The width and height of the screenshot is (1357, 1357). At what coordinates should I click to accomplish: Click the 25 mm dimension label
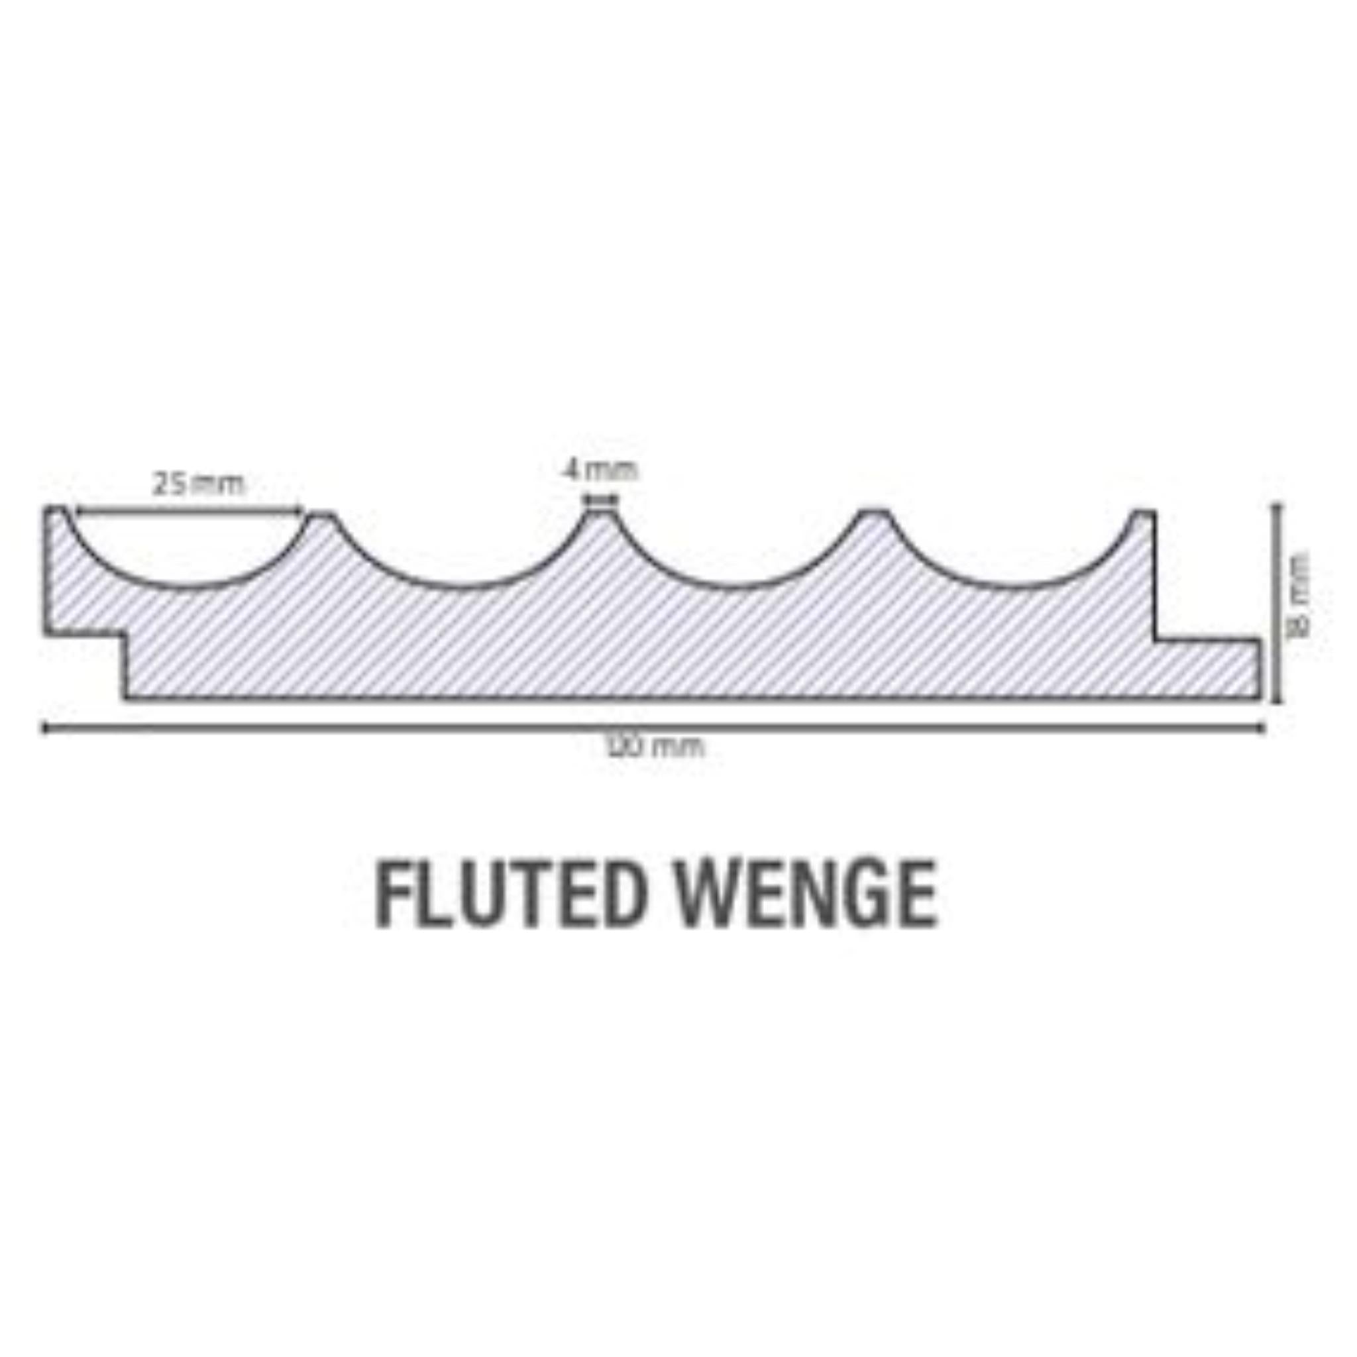point(199,484)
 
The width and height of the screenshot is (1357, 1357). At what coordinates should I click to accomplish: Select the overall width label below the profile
point(655,746)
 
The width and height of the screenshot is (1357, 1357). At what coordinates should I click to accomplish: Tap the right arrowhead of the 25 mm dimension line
point(301,512)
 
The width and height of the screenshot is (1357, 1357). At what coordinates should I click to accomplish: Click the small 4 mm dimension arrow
point(602,501)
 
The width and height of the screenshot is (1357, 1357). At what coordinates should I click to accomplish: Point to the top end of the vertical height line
point(1277,505)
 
